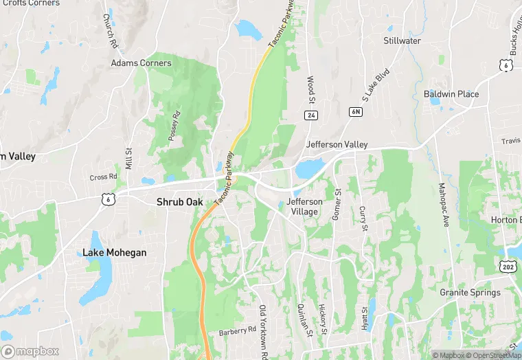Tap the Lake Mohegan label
[x=114, y=253]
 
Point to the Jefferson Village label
[x=304, y=207]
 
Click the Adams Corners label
[x=141, y=63]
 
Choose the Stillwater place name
[x=402, y=41]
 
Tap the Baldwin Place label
[x=451, y=94]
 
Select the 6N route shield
[x=355, y=111]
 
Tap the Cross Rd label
[x=103, y=177]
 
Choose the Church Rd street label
[x=110, y=31]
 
